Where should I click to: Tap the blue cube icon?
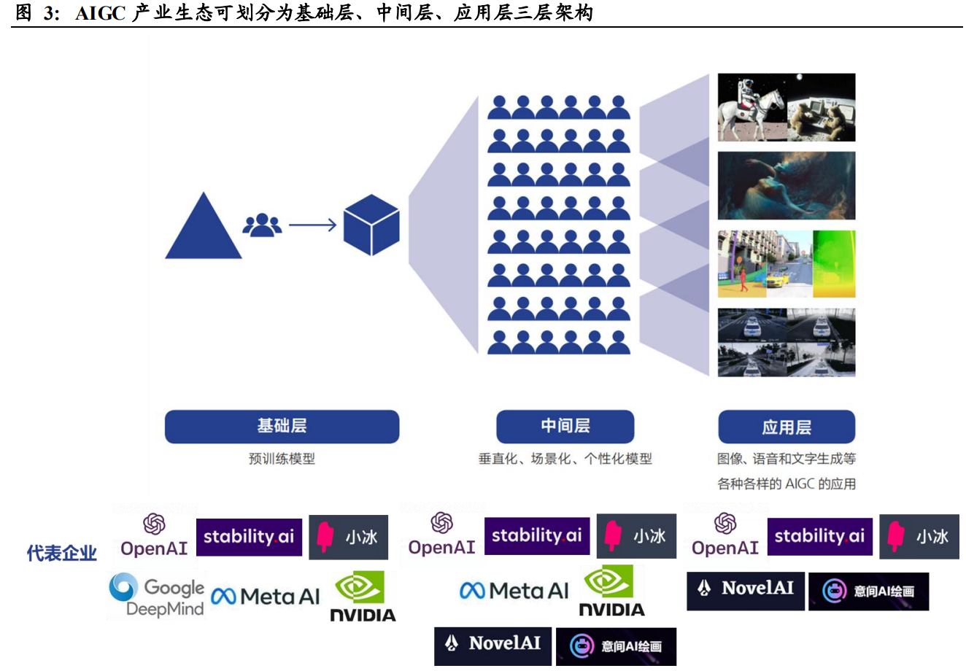[371, 225]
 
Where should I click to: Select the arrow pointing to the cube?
[312, 225]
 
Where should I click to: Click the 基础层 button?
[282, 427]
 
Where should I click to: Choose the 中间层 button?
[565, 427]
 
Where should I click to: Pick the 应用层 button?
[786, 427]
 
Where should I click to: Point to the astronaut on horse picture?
[751, 107]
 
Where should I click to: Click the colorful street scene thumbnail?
[786, 264]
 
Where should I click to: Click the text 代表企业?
[62, 554]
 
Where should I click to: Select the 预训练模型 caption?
[282, 459]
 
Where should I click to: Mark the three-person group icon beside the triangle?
[262, 225]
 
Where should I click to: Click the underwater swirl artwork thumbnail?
[786, 186]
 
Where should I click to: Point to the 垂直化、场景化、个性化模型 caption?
[565, 459]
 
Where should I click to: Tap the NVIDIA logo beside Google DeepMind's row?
[363, 597]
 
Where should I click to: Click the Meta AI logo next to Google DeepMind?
[266, 597]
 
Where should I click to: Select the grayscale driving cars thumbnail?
[786, 343]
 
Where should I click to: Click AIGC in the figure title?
[100, 13]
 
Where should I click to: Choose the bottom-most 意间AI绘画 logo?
[616, 646]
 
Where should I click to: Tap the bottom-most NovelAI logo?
[494, 644]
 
